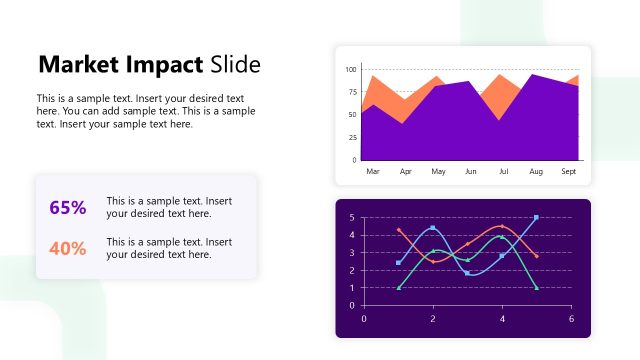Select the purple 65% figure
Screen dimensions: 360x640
click(68, 208)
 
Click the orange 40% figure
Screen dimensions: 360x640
click(68, 249)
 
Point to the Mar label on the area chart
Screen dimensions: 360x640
click(373, 172)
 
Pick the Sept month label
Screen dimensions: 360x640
click(568, 172)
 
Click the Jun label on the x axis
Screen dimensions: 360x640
click(471, 172)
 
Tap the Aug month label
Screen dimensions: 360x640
click(536, 172)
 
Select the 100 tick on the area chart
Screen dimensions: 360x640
click(351, 70)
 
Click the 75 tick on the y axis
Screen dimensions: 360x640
click(353, 92)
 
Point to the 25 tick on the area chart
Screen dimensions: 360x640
click(353, 137)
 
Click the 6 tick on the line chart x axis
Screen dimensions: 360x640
click(571, 319)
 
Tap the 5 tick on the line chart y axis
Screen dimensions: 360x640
click(351, 218)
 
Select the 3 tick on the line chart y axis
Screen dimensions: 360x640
click(351, 253)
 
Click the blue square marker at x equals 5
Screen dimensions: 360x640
click(536, 217)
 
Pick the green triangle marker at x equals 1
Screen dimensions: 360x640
click(398, 288)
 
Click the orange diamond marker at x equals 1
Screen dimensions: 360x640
click(398, 230)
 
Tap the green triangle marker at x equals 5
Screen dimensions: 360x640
click(536, 288)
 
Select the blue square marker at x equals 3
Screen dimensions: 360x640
click(467, 273)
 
